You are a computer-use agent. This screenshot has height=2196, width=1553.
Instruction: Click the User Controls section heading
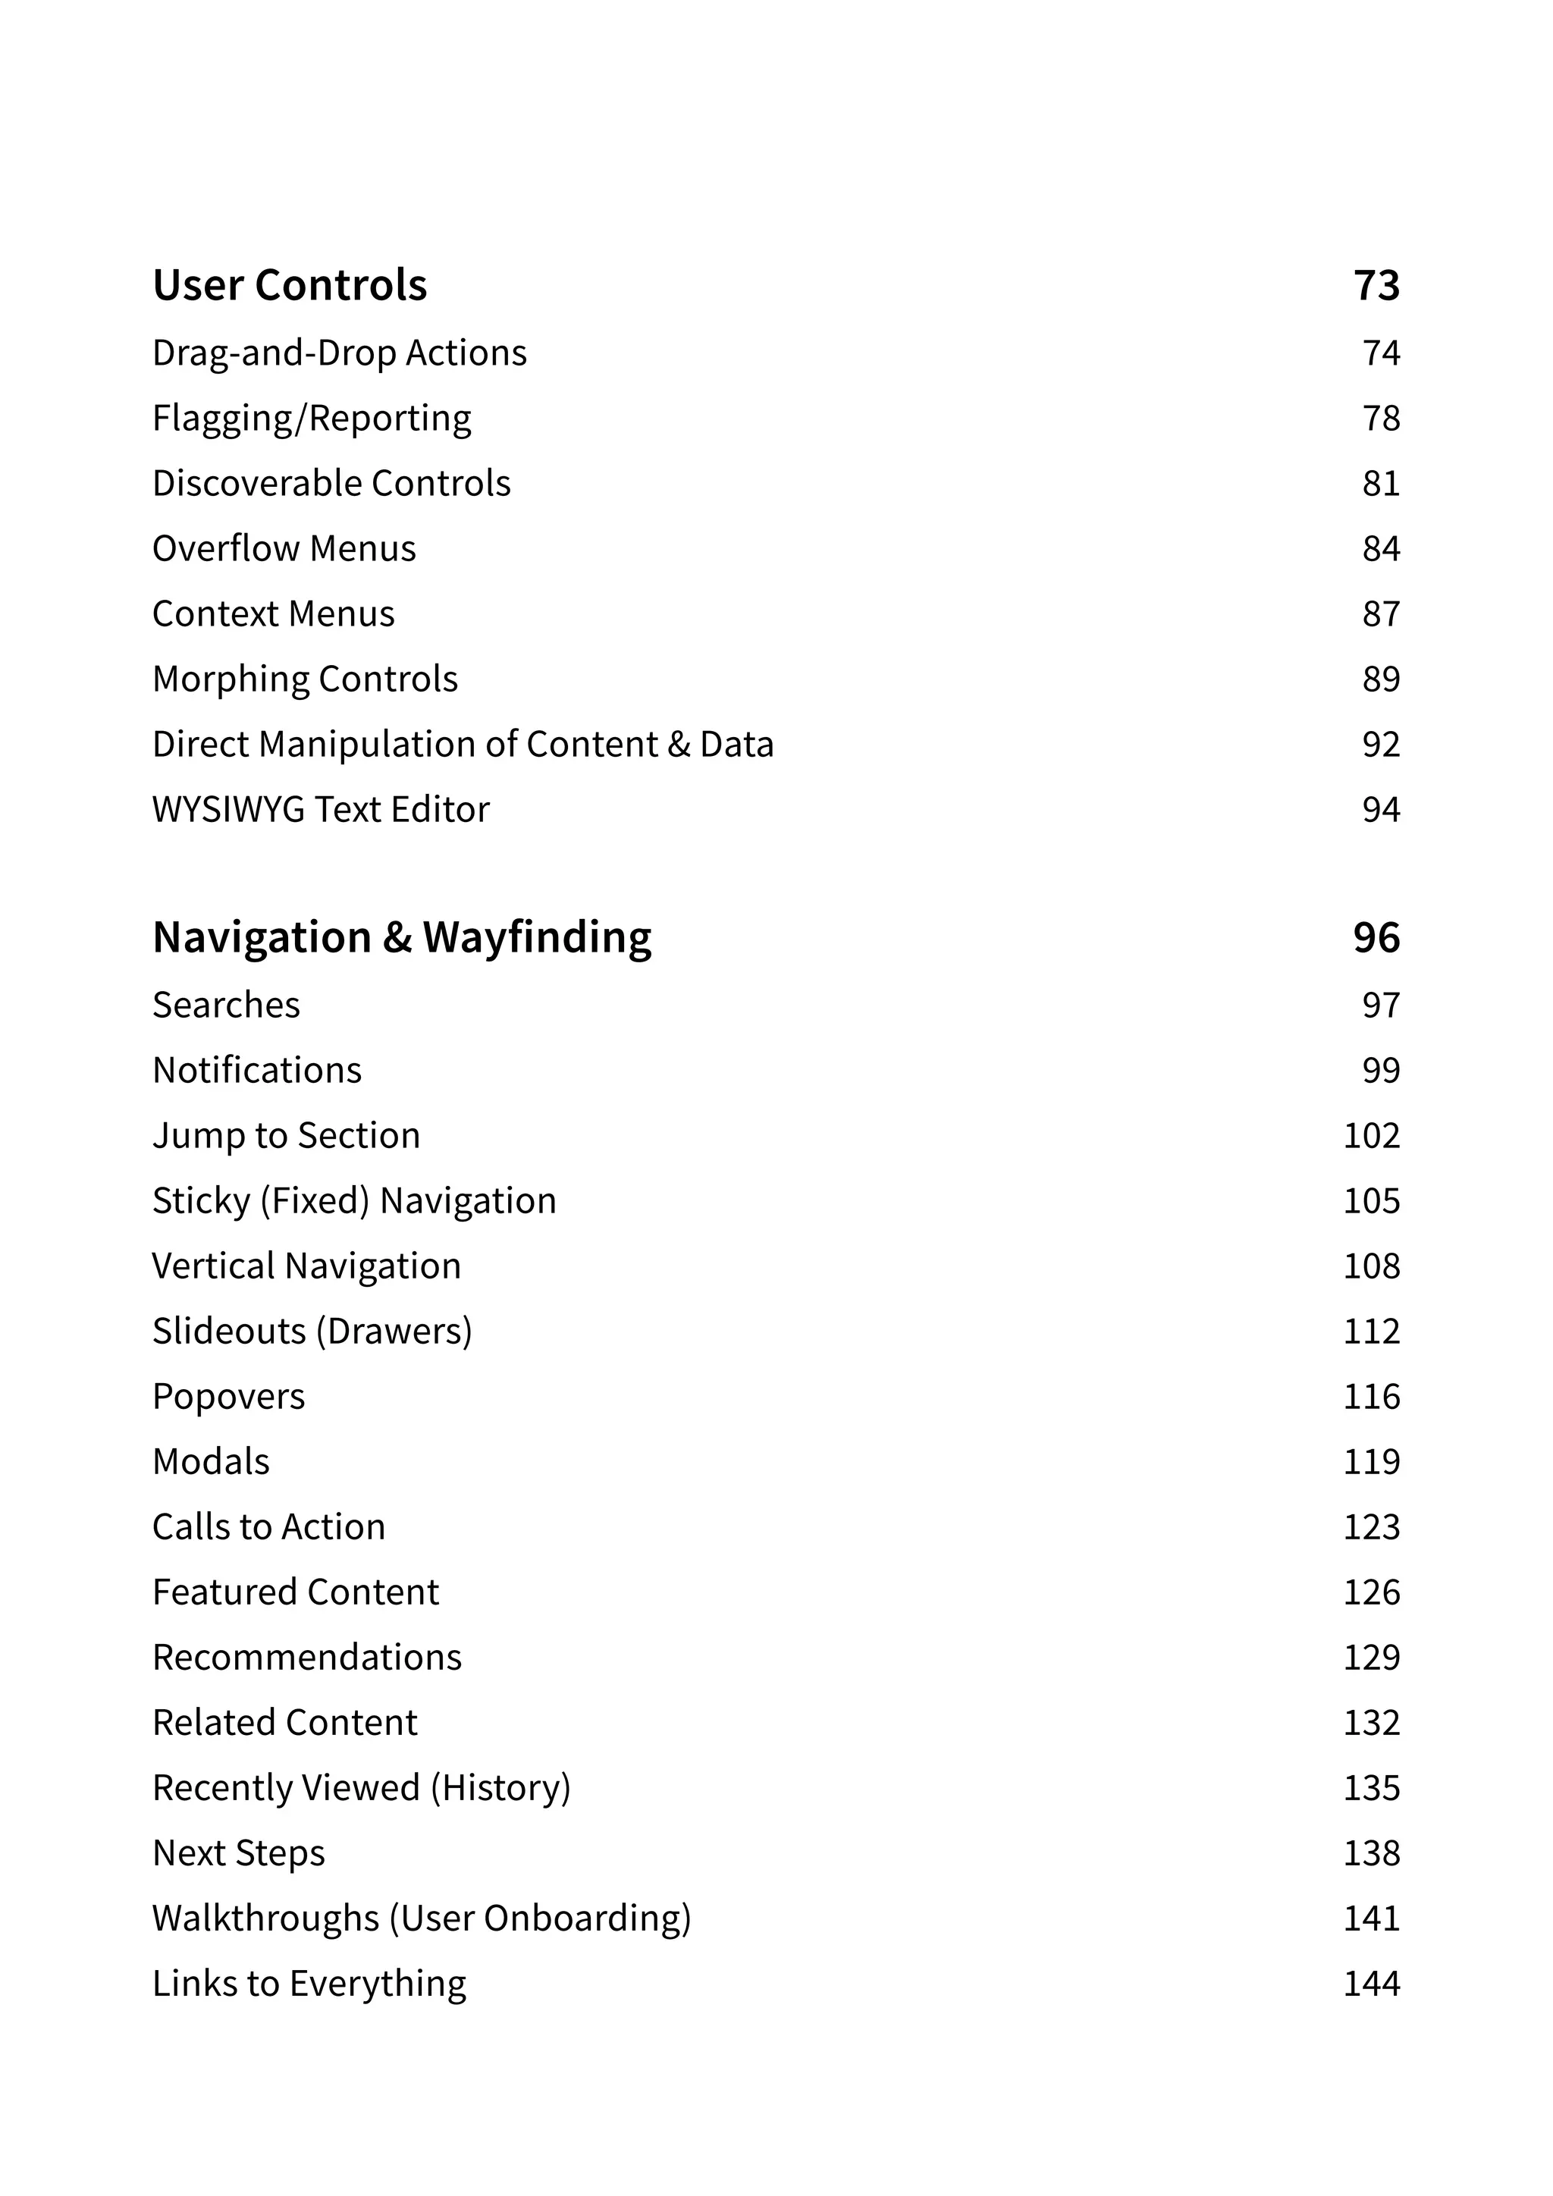pos(290,285)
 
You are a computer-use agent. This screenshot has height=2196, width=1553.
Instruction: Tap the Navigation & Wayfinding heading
pos(402,937)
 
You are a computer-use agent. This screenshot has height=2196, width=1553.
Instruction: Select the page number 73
pos(1376,285)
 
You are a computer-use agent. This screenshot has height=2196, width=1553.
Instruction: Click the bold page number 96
pos(1376,937)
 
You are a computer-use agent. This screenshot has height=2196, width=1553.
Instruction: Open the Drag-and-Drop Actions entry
pos(340,353)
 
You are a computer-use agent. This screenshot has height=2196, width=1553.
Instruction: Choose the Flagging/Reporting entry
pos(312,418)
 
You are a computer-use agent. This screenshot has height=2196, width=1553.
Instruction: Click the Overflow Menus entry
pos(284,549)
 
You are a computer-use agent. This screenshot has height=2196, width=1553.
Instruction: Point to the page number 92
pos(1381,744)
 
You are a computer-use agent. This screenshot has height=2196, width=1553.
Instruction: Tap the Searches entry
pos(226,1005)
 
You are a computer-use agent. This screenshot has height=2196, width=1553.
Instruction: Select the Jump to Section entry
pos(286,1135)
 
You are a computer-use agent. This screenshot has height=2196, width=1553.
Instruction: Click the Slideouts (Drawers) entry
pos(312,1332)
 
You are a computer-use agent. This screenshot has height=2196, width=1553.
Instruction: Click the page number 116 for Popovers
pos(1371,1397)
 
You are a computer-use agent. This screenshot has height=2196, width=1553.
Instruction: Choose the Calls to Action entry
pos(268,1527)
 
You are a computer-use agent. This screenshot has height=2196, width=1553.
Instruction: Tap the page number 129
pos(1371,1658)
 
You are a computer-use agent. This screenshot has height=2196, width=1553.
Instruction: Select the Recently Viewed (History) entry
pos(362,1787)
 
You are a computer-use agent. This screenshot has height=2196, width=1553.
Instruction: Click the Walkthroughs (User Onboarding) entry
pos(421,1918)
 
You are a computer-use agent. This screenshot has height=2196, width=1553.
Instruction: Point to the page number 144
pos(1371,1984)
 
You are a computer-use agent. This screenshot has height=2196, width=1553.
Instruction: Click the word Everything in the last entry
pos(378,1984)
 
